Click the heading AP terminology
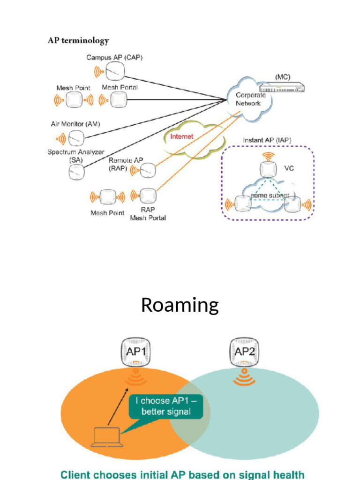pos(78,41)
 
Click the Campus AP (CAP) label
pos(114,58)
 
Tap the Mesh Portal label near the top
pos(120,88)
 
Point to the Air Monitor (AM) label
pos(75,124)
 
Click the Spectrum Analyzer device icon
pos(75,172)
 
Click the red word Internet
pos(181,136)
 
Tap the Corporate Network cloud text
pos(250,99)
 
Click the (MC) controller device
pos(282,87)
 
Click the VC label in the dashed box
pos(289,168)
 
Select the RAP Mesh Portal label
pos(148,214)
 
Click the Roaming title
pos(180,305)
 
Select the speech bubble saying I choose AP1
pos(166,406)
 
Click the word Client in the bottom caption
pos(78,474)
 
